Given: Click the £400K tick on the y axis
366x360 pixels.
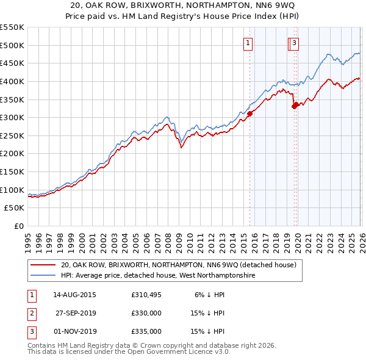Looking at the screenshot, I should click(x=12, y=81).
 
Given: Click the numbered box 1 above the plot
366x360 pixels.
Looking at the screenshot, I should click(x=248, y=43).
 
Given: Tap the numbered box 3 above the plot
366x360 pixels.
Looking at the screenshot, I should click(x=294, y=43).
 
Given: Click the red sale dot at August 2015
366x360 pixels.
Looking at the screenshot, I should click(x=249, y=113).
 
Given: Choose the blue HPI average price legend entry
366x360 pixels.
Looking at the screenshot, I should click(x=157, y=276).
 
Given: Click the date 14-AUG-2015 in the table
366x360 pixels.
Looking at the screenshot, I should click(x=74, y=295).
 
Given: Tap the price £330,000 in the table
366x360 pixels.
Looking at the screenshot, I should click(x=146, y=313).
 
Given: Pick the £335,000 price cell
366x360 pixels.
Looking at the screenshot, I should click(x=146, y=331).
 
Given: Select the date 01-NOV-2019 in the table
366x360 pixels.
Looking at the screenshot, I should click(x=74, y=331).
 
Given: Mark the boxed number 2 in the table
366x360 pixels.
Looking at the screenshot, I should click(x=31, y=313).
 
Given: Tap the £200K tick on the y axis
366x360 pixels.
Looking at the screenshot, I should click(x=12, y=154).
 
